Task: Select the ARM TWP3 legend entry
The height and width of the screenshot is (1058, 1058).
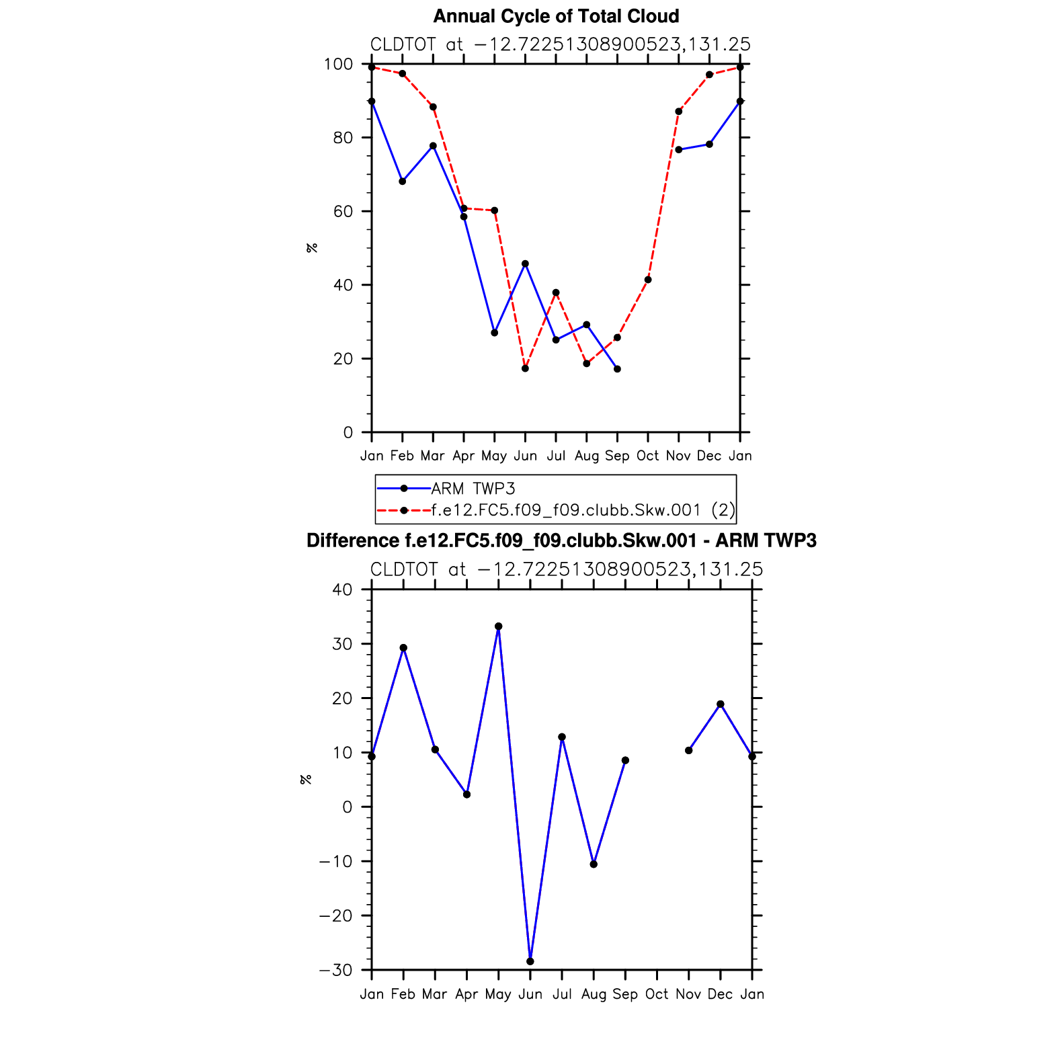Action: click(473, 489)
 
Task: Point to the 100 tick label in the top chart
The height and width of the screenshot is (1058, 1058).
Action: click(338, 65)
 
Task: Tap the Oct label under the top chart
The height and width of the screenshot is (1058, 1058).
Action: click(647, 456)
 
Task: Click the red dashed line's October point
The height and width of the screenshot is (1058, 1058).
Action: click(648, 280)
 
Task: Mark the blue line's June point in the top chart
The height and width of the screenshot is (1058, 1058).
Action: click(525, 263)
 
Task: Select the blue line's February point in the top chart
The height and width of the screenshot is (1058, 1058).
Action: click(403, 181)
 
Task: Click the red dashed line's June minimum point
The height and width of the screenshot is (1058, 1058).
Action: click(525, 368)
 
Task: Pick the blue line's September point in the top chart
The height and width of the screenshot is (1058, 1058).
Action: click(617, 369)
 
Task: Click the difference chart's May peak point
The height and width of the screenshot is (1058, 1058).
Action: click(498, 626)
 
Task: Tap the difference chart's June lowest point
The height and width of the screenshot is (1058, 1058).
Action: click(530, 961)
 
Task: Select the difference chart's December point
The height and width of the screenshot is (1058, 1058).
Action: click(721, 704)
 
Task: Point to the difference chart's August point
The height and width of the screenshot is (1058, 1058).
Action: click(594, 864)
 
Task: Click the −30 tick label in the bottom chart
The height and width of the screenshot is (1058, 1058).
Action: click(335, 970)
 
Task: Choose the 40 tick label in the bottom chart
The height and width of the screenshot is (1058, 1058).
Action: click(342, 589)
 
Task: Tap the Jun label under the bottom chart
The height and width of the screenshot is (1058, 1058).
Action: click(530, 994)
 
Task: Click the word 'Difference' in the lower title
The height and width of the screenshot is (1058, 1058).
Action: click(352, 541)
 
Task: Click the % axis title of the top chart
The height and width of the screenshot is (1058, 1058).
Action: click(311, 248)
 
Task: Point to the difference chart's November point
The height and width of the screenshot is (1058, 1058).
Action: click(689, 750)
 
